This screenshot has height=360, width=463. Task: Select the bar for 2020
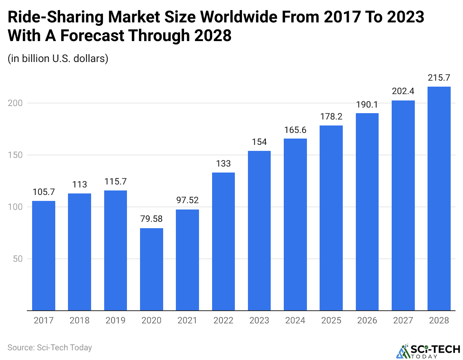coord(151,269)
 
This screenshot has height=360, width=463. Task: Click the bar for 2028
coord(439,198)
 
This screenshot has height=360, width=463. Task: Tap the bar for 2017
coord(44,255)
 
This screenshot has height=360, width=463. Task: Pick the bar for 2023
coord(259,230)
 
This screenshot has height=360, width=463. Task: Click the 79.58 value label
coord(151,219)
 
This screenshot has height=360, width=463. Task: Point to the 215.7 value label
coord(439,78)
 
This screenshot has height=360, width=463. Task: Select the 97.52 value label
coord(187,200)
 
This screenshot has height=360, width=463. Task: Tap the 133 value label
coord(223,164)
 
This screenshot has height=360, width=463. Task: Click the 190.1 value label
coord(367,105)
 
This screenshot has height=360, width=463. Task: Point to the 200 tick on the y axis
coord(15,103)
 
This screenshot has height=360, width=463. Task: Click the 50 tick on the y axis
coord(18,259)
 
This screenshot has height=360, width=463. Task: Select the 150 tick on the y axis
coord(15,155)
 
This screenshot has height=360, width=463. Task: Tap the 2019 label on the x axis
coord(115,320)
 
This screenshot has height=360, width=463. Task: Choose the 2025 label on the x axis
coord(331,320)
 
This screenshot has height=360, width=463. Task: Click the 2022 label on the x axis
coord(223,320)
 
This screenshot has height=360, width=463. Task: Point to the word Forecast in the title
coord(93,36)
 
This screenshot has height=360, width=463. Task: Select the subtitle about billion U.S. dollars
coord(58,59)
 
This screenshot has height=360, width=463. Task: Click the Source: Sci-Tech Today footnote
coord(50,348)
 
